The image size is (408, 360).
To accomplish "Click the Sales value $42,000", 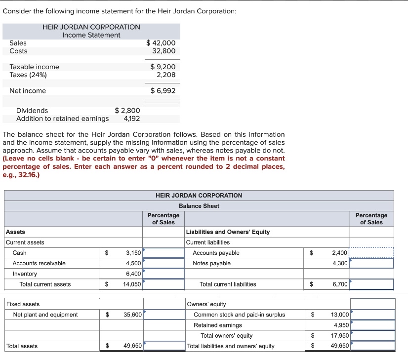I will (161, 43).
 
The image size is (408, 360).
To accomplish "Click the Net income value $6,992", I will (163, 90).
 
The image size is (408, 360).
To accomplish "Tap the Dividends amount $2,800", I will (127, 111).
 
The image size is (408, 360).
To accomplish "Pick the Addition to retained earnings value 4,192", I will (131, 119).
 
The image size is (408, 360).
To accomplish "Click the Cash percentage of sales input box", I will (163, 253).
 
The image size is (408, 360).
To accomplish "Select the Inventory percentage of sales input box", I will (163, 274).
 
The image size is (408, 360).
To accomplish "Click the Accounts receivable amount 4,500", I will (133, 263).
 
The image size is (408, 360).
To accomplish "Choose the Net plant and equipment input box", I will (163, 315).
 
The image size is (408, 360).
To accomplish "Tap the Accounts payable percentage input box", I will (371, 253).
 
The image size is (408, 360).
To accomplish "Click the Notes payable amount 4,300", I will (340, 263).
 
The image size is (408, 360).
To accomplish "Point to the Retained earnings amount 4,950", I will (340, 325).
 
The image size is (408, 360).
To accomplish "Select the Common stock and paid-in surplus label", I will (239, 315).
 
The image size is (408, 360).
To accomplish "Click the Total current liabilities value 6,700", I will (340, 284).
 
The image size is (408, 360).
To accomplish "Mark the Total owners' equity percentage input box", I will (372, 335).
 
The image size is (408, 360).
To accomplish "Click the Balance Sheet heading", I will (199, 205).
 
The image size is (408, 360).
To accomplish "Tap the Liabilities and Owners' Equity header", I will (228, 232).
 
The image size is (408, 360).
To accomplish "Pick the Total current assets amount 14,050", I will (132, 284).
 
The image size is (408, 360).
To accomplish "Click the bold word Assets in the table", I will (15, 232).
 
